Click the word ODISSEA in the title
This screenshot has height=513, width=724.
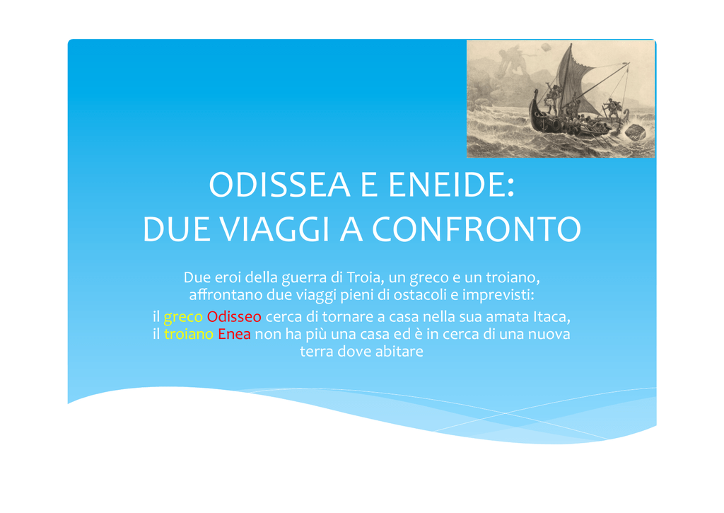tap(279, 185)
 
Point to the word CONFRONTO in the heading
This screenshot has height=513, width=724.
tap(477, 229)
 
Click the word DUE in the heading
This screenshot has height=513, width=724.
tap(175, 229)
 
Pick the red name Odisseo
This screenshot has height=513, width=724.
tap(234, 316)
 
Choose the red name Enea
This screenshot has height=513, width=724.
tap(234, 334)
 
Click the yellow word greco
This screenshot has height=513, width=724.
tap(183, 318)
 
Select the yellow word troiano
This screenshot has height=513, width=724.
tap(188, 334)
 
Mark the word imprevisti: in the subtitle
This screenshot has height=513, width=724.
tap(498, 295)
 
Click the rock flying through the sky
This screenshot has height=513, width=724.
tap(546, 47)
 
